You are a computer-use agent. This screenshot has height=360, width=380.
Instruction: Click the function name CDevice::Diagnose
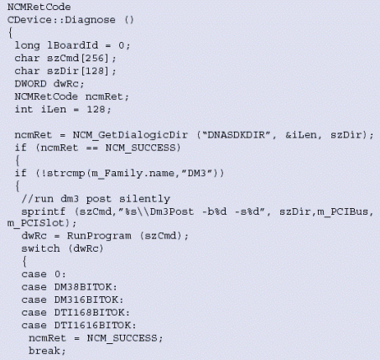tap(61, 20)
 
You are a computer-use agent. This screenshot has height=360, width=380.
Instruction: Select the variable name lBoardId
tap(73, 45)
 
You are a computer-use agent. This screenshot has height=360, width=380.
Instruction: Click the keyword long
tap(27, 45)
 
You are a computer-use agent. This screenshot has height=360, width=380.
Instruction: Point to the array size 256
tap(94, 58)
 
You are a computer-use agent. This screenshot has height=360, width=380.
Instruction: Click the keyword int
tap(23, 109)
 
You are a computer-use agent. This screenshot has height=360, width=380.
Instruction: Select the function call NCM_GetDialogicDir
tap(130, 135)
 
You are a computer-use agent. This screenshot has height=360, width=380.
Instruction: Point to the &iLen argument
tap(300, 135)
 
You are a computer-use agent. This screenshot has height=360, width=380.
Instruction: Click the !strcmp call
tap(63, 174)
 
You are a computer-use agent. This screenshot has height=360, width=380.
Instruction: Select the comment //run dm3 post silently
tap(96, 199)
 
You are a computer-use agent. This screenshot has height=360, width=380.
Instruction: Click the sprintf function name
tap(44, 211)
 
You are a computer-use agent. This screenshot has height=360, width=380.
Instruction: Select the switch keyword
tap(40, 248)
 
